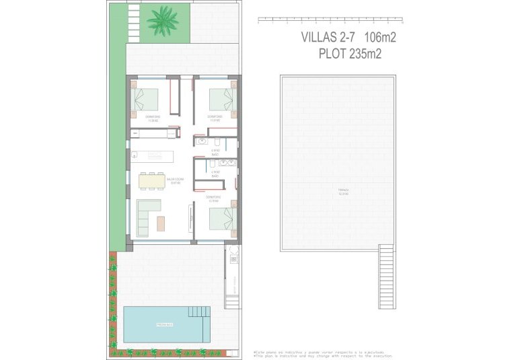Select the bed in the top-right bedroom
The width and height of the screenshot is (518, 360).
[221, 100]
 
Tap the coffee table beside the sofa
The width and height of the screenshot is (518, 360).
[161, 223]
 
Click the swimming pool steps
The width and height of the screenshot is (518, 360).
[199, 312]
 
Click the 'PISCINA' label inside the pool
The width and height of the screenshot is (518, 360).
[163, 325]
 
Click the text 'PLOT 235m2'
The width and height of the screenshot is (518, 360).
[350, 55]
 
